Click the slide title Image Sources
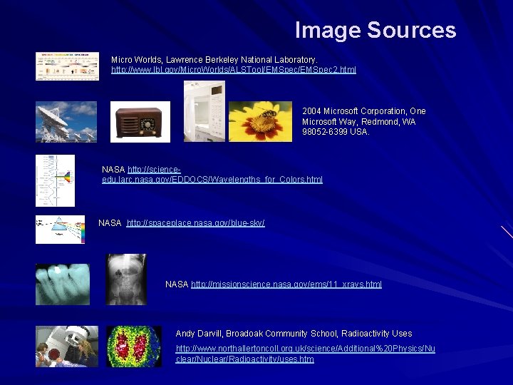click(375, 30)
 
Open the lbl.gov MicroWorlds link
click(233, 70)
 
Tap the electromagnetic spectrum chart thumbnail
click(67, 66)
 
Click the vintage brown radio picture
click(140, 122)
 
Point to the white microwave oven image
click(204, 111)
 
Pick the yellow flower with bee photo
click(260, 122)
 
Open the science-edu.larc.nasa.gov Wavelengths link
click(212, 179)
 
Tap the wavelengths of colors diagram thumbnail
click(55, 180)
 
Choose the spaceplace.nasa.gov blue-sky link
click(195, 223)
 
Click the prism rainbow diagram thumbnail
click(60, 230)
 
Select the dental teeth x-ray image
click(63, 284)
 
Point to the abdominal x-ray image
click(125, 279)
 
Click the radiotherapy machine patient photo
click(67, 346)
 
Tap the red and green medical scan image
click(134, 346)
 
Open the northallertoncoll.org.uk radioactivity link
click(305, 354)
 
